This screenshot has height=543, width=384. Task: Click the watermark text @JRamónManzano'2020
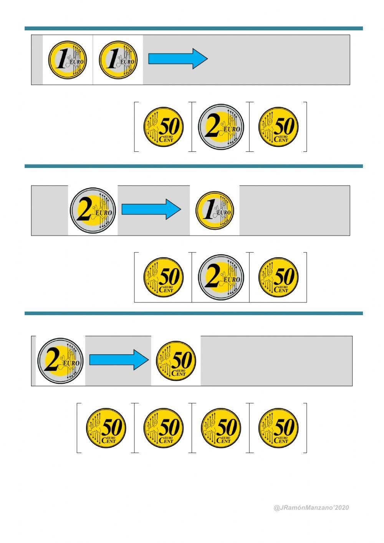311,508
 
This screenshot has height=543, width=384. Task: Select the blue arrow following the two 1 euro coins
178,59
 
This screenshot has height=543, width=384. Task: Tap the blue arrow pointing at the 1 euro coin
151,209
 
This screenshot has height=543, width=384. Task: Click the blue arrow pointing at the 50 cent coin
119,360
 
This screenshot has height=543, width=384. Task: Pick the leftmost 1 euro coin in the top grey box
68,60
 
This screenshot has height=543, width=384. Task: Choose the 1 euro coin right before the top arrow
118,60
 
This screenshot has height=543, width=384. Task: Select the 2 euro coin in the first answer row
221,127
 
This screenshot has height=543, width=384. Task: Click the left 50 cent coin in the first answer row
164,127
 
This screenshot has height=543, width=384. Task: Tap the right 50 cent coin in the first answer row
278,127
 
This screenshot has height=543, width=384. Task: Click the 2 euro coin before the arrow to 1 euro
93,211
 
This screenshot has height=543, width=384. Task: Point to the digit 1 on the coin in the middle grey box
209,209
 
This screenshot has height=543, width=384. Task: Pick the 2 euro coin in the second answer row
221,277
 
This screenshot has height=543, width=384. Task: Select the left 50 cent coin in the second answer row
164,277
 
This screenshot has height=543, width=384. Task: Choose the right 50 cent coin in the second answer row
278,277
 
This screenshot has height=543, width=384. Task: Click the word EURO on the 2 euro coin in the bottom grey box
71,363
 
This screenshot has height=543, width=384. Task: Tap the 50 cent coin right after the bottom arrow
176,361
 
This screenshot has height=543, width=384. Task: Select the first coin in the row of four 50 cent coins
106,428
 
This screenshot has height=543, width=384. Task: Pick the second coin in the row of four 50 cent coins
164,428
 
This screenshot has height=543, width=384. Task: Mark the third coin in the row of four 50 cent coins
221,428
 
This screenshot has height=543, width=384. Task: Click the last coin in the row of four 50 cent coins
278,428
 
